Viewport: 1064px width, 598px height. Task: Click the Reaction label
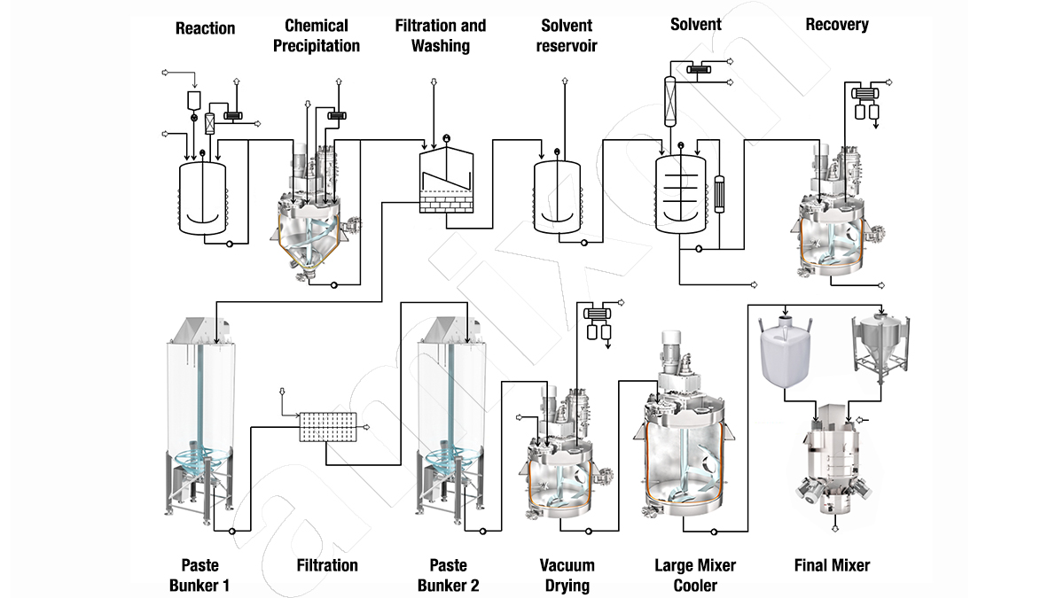tap(205, 28)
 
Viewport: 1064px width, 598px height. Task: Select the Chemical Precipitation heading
tap(317, 35)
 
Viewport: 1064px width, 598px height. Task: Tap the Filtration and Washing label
tap(441, 35)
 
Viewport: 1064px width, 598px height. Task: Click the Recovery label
tap(836, 25)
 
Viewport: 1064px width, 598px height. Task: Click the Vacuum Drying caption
tap(567, 575)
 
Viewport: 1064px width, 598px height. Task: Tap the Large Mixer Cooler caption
tap(695, 575)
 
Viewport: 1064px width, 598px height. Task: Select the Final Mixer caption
tap(831, 565)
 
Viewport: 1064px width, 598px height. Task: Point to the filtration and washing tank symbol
tap(445, 181)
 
